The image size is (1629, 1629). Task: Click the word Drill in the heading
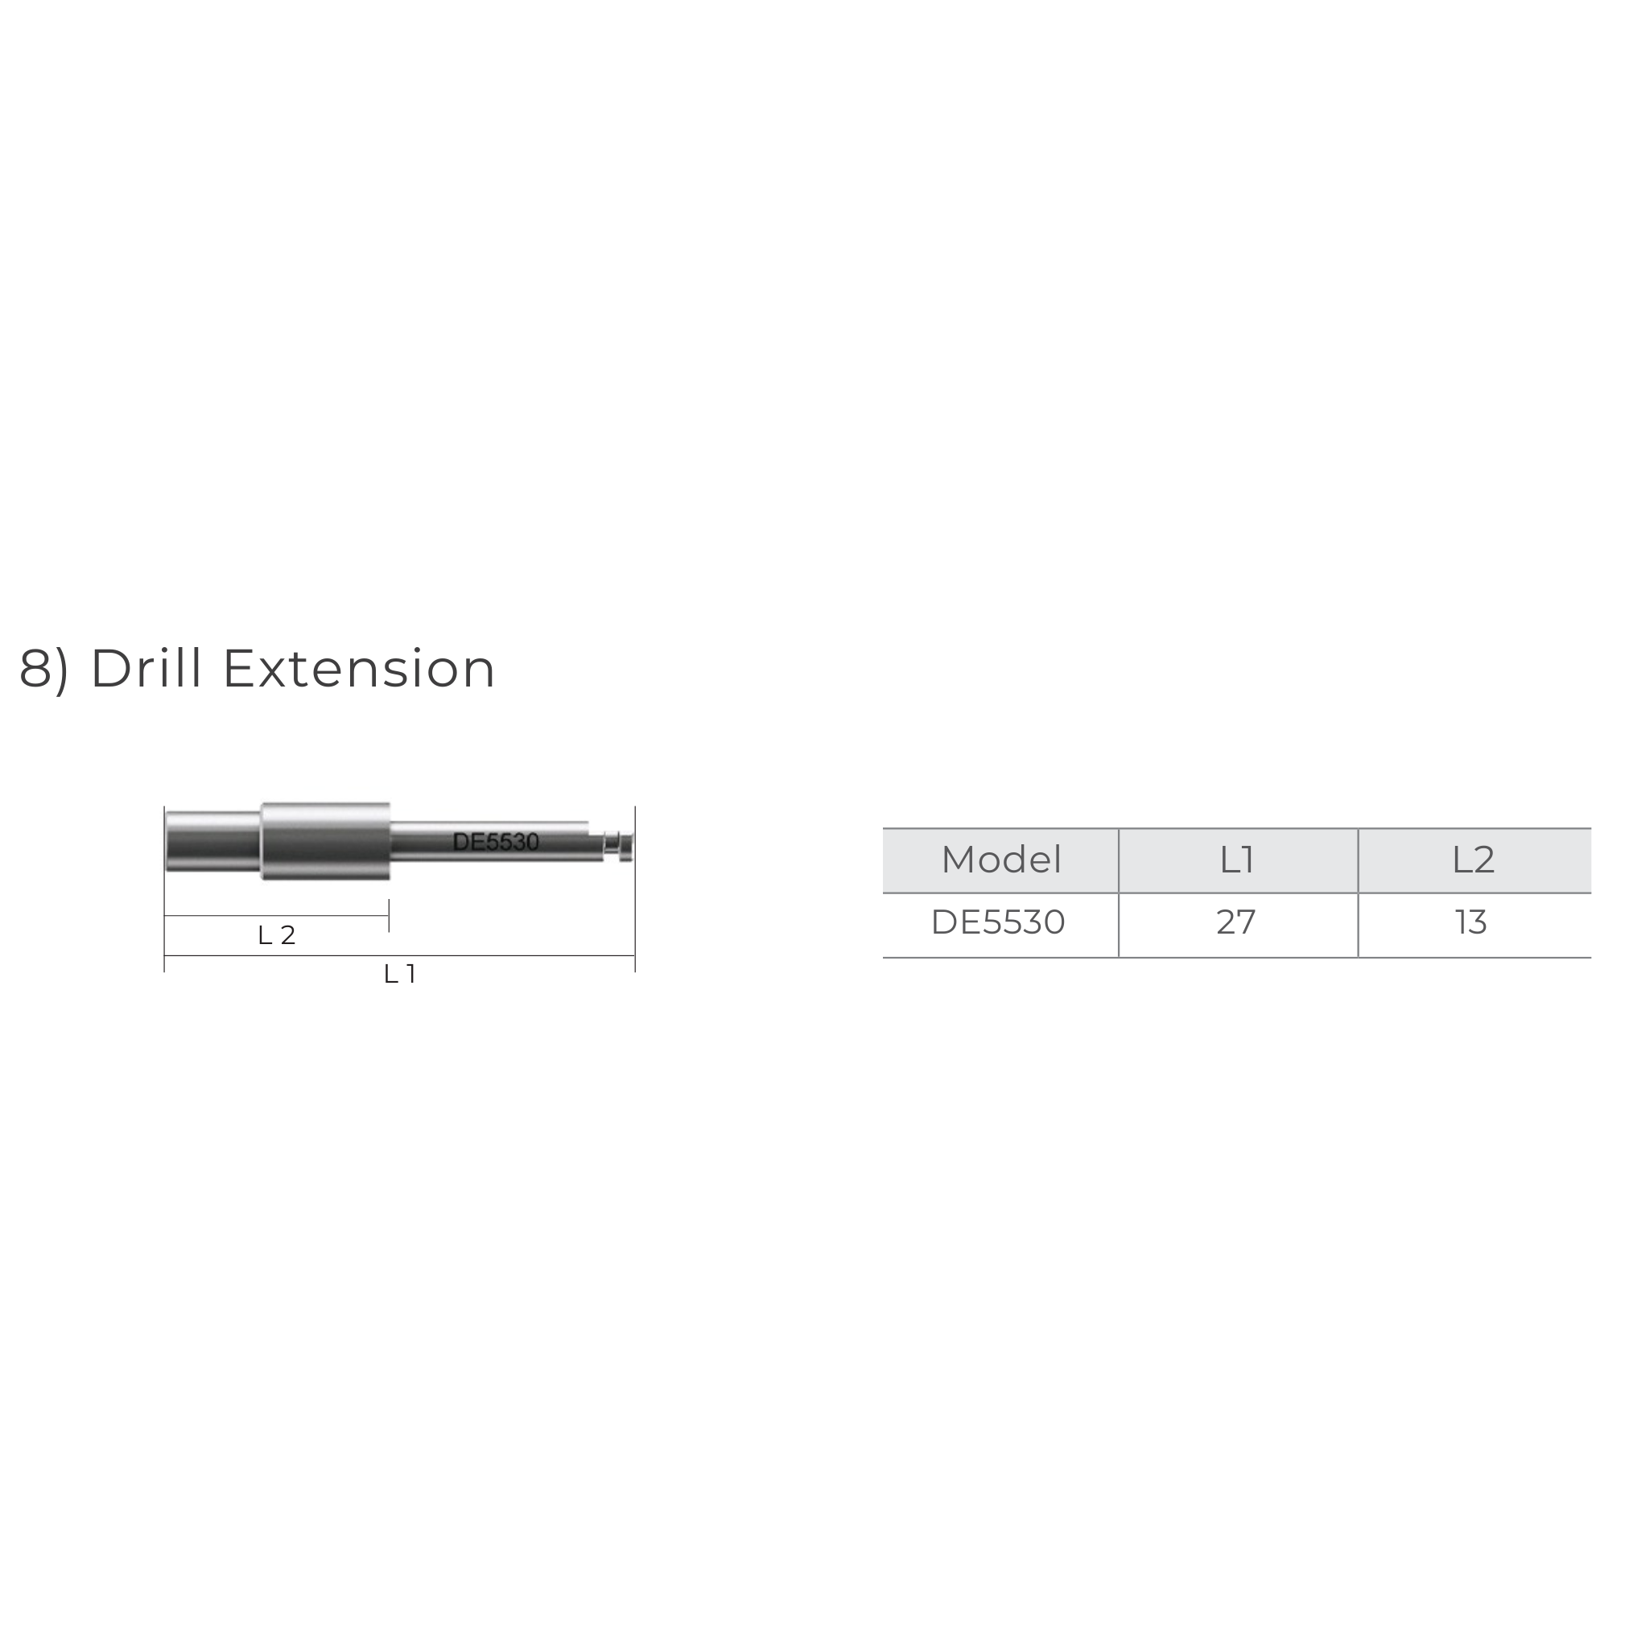pyautogui.click(x=146, y=670)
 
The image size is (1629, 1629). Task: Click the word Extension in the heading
pyautogui.click(x=358, y=670)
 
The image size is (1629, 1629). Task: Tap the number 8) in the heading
pyautogui.click(x=43, y=671)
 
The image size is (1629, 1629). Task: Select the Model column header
pyautogui.click(x=1001, y=860)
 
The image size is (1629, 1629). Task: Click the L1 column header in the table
pyautogui.click(x=1237, y=860)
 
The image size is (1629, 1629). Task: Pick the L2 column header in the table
pyautogui.click(x=1473, y=860)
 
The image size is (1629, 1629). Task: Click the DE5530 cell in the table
pyautogui.click(x=998, y=922)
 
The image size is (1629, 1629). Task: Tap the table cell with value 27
pyautogui.click(x=1236, y=922)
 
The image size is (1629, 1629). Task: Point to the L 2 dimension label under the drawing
pyautogui.click(x=277, y=935)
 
